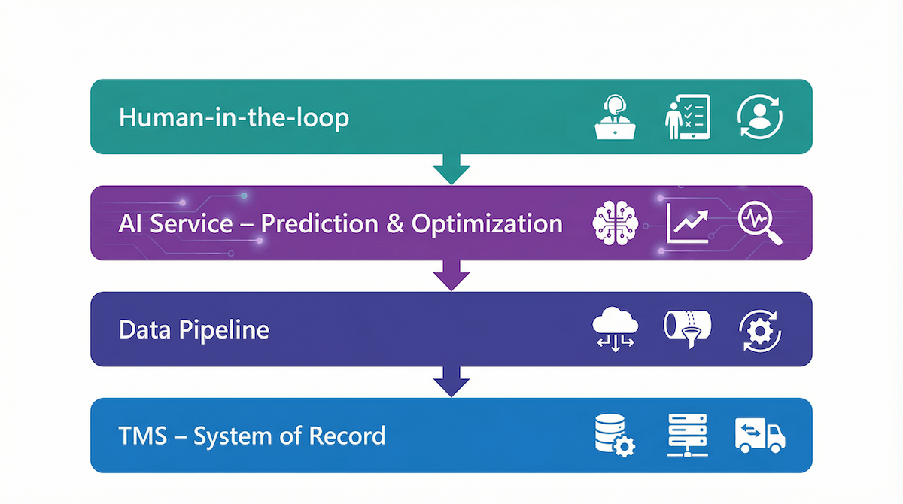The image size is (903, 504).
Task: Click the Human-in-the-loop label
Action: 234,118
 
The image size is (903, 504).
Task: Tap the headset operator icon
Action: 616,117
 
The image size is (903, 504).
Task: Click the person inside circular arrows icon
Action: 760,117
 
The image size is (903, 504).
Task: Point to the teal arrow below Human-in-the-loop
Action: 451,170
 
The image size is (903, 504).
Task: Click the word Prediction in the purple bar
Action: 317,224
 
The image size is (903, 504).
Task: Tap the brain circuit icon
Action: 616,223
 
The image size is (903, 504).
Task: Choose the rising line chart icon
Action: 688,223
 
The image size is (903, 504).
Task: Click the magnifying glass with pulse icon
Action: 760,223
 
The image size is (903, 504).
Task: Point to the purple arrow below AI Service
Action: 451,276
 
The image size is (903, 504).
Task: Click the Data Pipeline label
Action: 194,330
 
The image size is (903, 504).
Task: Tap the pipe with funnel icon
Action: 687,329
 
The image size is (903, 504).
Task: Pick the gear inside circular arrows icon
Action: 760,330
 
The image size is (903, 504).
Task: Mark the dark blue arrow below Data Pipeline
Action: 451,383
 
